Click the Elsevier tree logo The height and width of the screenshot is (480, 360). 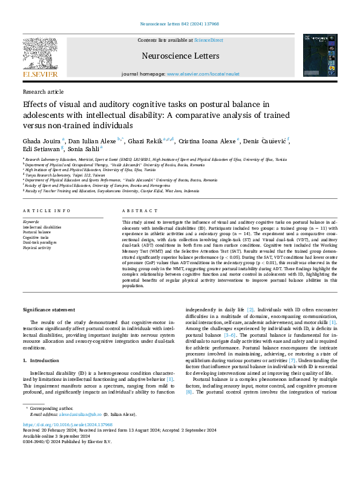pyautogui.click(x=40, y=57)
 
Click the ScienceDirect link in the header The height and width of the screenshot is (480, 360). pyautogui.click(x=208, y=41)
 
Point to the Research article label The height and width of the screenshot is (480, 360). pyautogui.click(x=43, y=91)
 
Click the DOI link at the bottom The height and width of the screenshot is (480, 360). pyautogui.click(x=63, y=425)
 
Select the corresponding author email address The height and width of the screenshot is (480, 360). pyautogui.click(x=80, y=414)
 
